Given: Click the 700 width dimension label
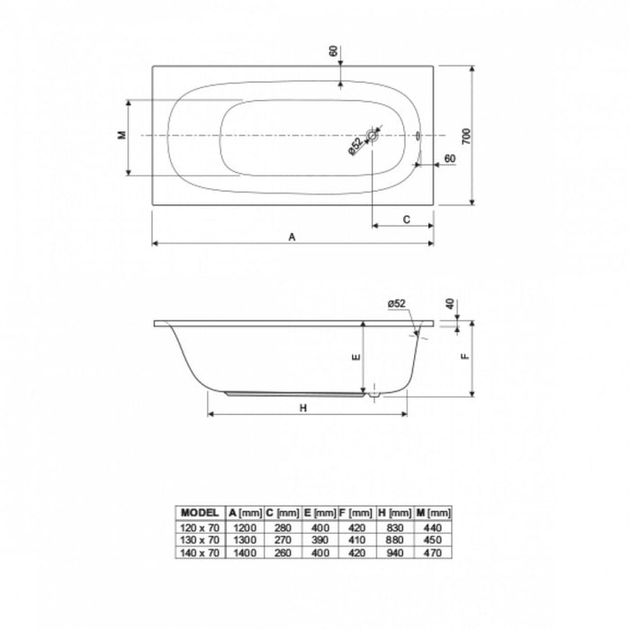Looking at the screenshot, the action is (x=465, y=137).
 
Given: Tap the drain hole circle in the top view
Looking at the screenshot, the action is (x=373, y=136).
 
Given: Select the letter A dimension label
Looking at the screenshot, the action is (x=292, y=238).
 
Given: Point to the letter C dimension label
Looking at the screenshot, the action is (x=406, y=220).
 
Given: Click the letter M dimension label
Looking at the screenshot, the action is (x=122, y=135).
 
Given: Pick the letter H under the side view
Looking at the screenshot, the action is (x=303, y=409).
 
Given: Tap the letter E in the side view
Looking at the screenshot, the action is (x=356, y=357).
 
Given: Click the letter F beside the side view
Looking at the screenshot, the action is (x=465, y=356).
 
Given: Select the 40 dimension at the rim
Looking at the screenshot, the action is (x=450, y=304).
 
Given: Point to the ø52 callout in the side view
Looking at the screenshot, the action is (x=397, y=304).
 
